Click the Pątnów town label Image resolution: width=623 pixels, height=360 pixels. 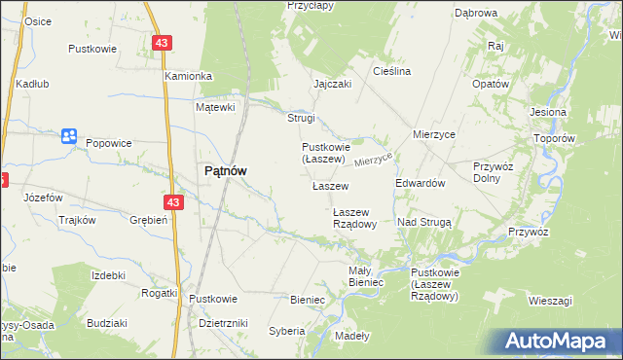pyautogui.click(x=224, y=170)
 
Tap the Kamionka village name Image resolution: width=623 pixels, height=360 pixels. pyautogui.click(x=188, y=76)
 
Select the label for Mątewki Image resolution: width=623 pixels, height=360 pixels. pyautogui.click(x=216, y=107)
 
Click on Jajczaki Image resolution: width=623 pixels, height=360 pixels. pyautogui.click(x=332, y=84)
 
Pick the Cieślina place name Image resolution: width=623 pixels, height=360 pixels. pyautogui.click(x=392, y=71)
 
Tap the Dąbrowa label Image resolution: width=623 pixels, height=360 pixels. pyautogui.click(x=476, y=13)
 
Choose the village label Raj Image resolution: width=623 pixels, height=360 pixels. pyautogui.click(x=495, y=46)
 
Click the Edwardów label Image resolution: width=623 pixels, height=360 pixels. pyautogui.click(x=421, y=183)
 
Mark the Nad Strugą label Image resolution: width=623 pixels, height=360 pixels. pyautogui.click(x=424, y=222)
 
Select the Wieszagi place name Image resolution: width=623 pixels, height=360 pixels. pyautogui.click(x=550, y=301)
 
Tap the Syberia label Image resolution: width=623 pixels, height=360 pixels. pyautogui.click(x=287, y=331)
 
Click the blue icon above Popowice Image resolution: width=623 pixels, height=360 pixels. pyautogui.click(x=68, y=136)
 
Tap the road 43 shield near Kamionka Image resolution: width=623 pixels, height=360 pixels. pyautogui.click(x=162, y=44)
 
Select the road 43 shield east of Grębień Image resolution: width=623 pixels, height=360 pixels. pyautogui.click(x=173, y=202)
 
